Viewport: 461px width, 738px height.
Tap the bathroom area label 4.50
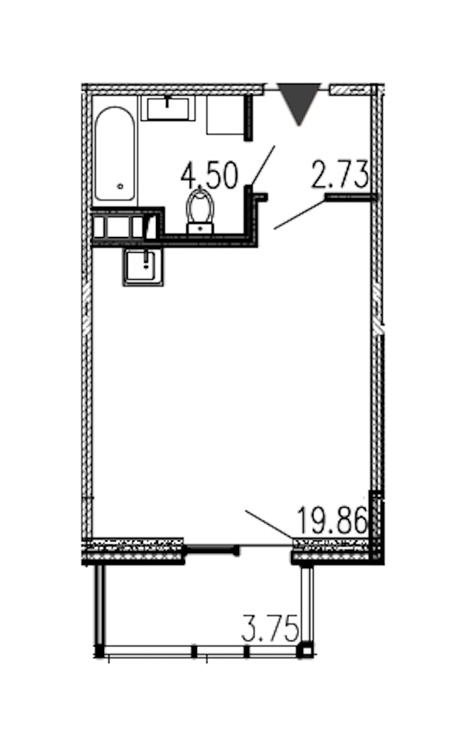point(209,176)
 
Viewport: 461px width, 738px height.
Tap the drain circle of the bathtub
point(120,186)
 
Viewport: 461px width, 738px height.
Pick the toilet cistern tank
point(200,228)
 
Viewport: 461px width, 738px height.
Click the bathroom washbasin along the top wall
point(168,109)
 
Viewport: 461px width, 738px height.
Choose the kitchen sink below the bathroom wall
point(143,267)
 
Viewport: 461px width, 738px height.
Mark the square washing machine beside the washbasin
point(225,115)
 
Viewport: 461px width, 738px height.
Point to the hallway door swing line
point(300,215)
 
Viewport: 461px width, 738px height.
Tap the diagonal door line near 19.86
point(269,524)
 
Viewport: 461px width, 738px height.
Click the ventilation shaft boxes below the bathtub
point(124,226)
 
